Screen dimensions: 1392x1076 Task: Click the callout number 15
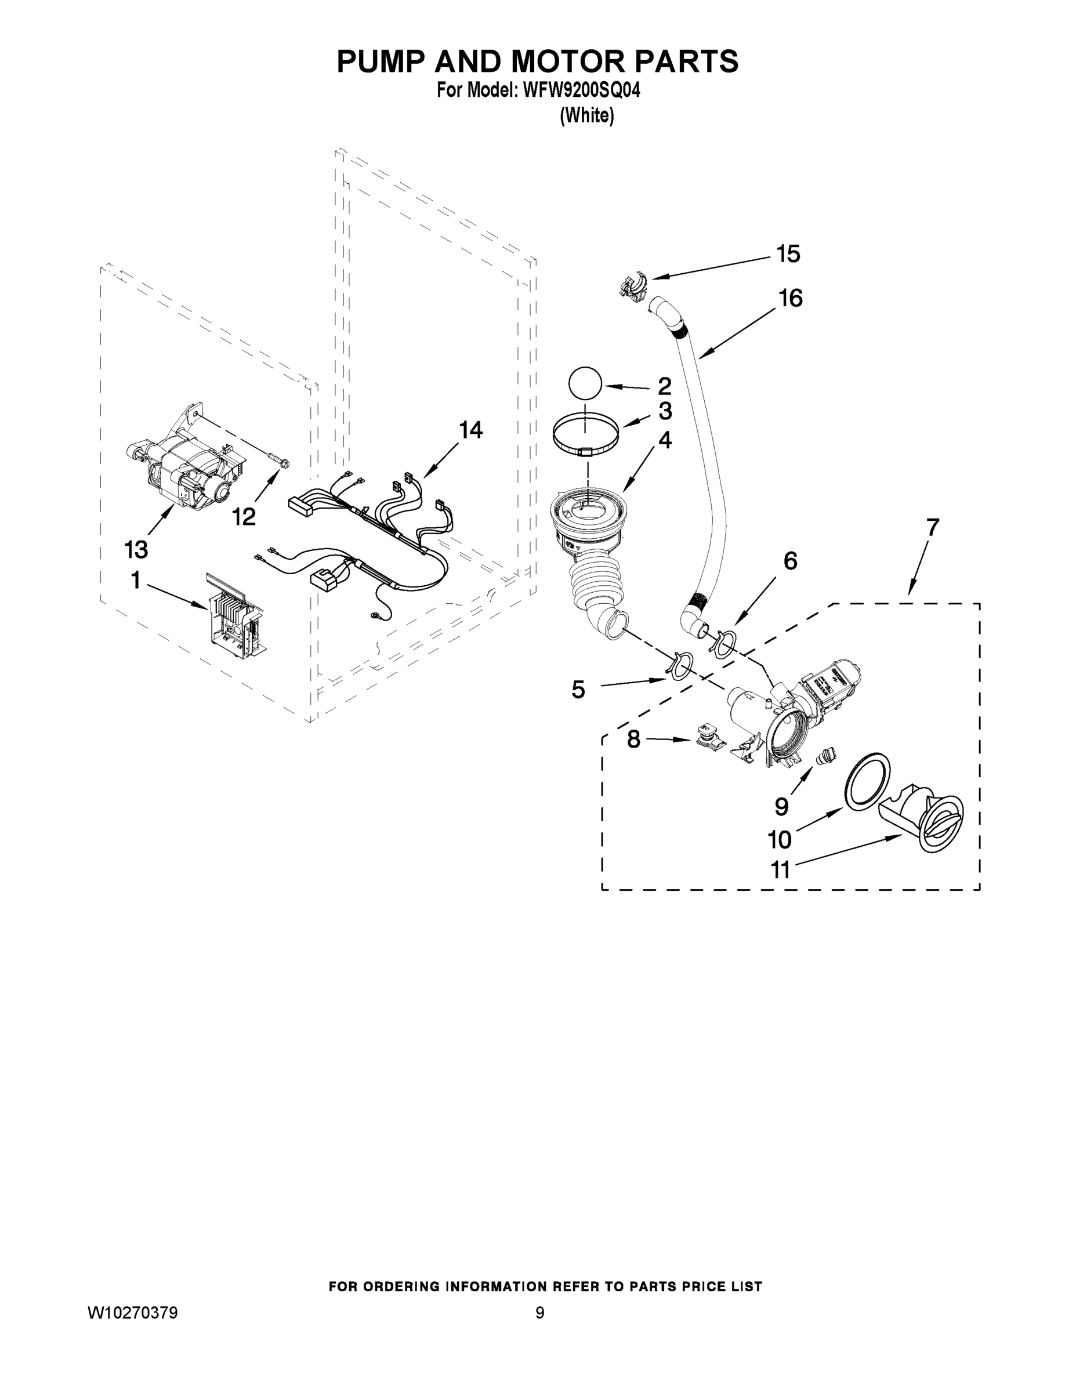tap(788, 254)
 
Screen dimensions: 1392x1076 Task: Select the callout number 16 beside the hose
tap(791, 298)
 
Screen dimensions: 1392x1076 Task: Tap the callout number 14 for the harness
tap(471, 430)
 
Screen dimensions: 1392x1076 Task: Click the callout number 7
tap(932, 528)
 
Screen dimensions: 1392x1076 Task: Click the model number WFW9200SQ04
tap(581, 91)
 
